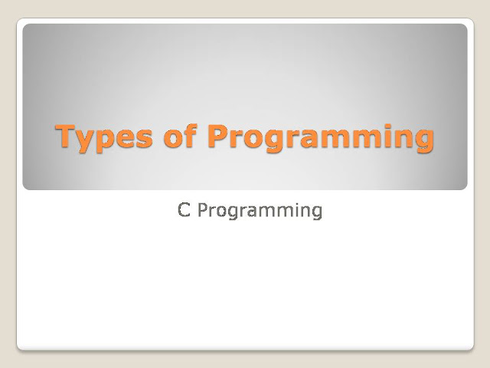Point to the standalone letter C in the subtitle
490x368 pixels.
coord(184,209)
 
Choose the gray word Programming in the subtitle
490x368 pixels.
coord(260,211)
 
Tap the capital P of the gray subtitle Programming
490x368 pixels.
coord(202,209)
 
